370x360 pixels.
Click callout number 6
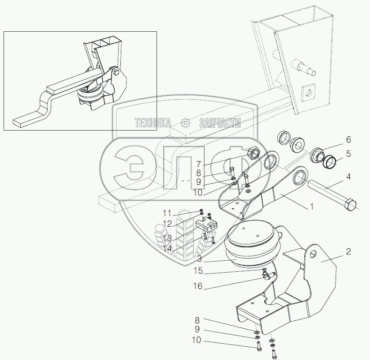click(348, 139)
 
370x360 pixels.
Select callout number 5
click(348, 154)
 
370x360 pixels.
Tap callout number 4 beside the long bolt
click(348, 176)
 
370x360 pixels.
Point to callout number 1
click(312, 206)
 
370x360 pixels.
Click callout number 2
click(348, 251)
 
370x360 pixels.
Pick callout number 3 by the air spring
click(200, 259)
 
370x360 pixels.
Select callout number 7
click(198, 164)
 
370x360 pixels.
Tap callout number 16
click(198, 286)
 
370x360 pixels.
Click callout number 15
click(198, 271)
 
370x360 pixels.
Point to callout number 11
click(167, 214)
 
